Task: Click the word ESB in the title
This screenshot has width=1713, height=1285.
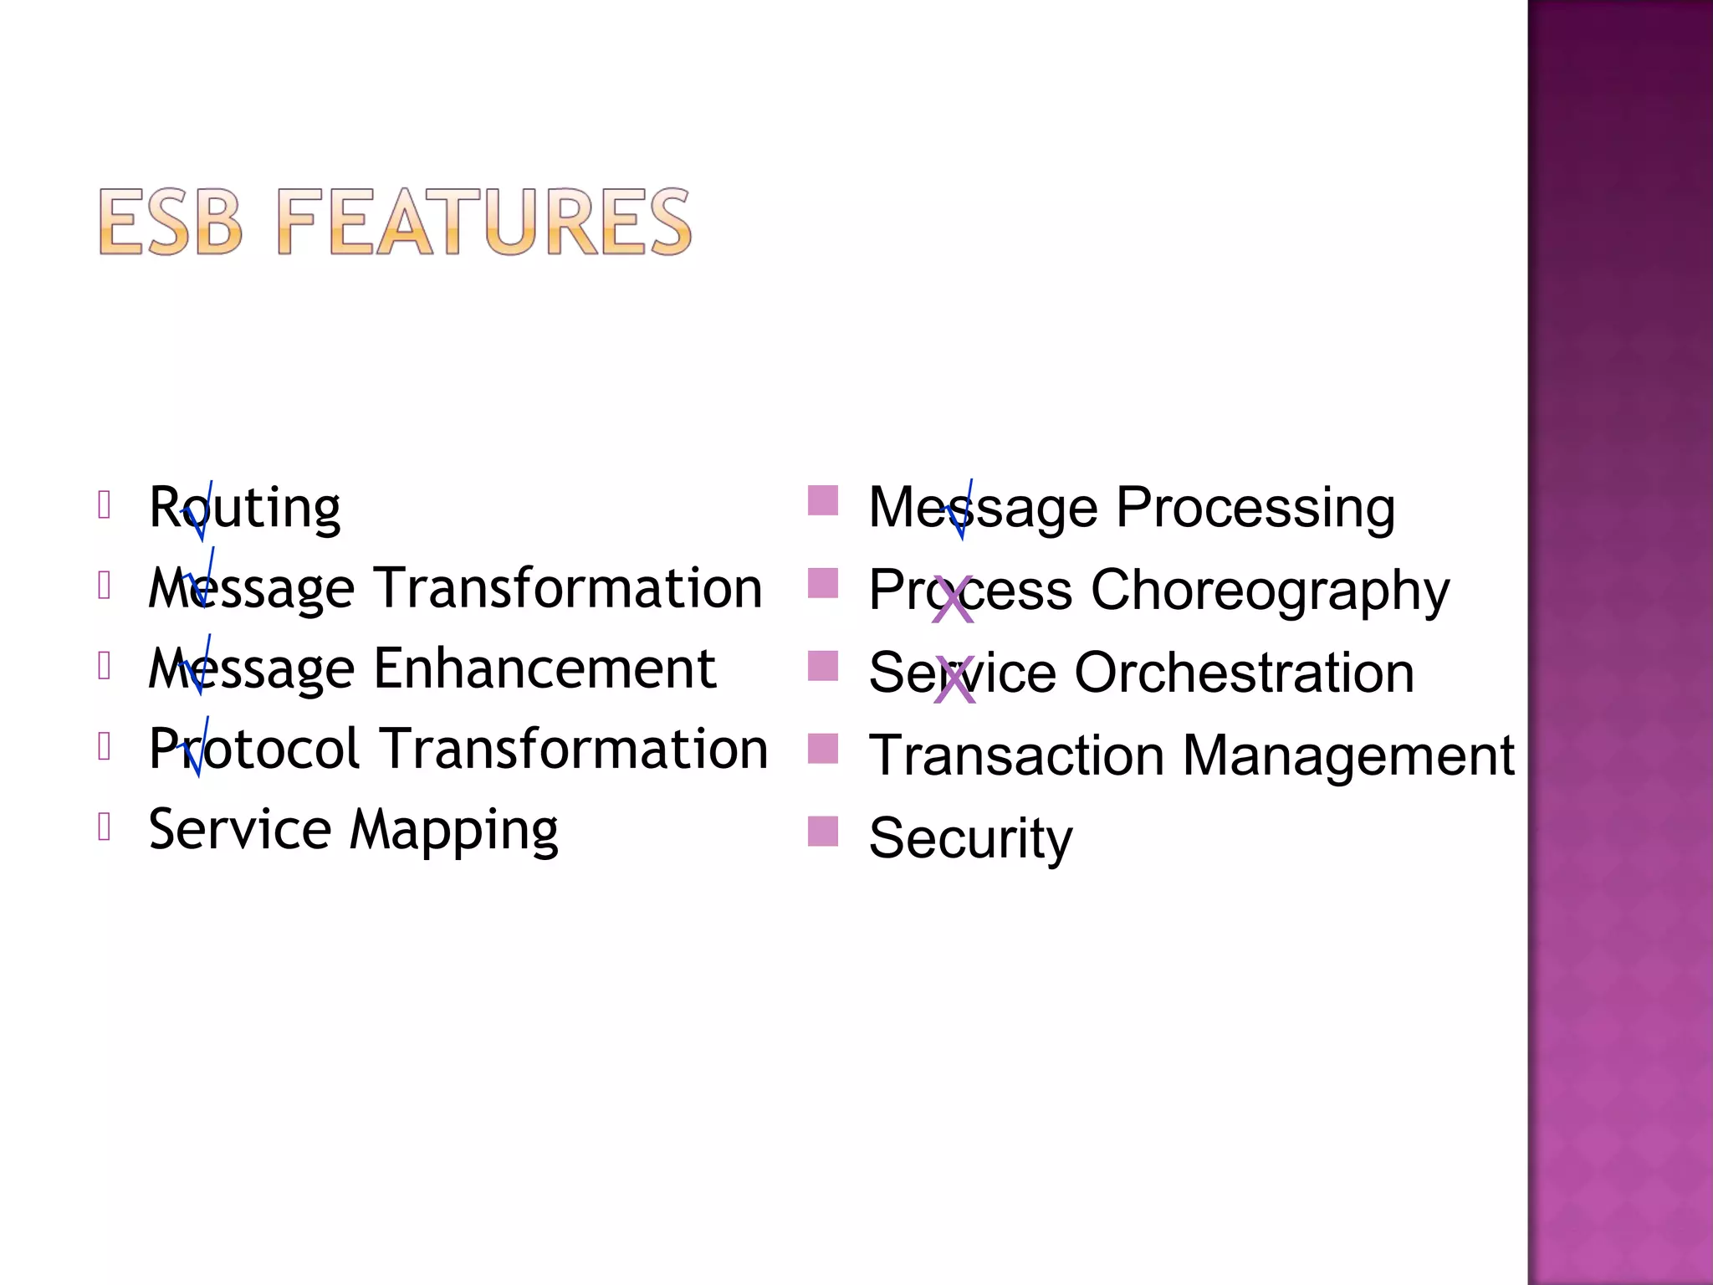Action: [x=171, y=222]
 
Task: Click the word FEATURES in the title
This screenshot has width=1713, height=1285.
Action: [x=483, y=222]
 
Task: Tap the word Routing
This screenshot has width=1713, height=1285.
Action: [x=244, y=508]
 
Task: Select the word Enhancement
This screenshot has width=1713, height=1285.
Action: [x=545, y=668]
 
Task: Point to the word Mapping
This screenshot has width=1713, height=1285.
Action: [x=453, y=831]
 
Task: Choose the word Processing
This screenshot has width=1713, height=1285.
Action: [x=1255, y=508]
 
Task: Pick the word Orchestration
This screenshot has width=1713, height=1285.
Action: [x=1244, y=673]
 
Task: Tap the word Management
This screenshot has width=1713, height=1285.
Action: [x=1348, y=755]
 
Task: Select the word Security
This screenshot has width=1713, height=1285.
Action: [x=970, y=838]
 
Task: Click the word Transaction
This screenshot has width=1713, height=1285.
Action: [x=1016, y=755]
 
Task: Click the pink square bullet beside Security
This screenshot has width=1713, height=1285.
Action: [x=823, y=832]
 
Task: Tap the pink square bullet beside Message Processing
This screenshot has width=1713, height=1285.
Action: [x=823, y=501]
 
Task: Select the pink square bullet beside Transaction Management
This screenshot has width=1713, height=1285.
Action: [x=823, y=749]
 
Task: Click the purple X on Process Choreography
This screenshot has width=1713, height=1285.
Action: [x=953, y=600]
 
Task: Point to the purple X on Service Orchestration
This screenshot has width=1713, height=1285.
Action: [x=954, y=679]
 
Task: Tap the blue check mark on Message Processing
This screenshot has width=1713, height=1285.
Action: [x=960, y=511]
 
